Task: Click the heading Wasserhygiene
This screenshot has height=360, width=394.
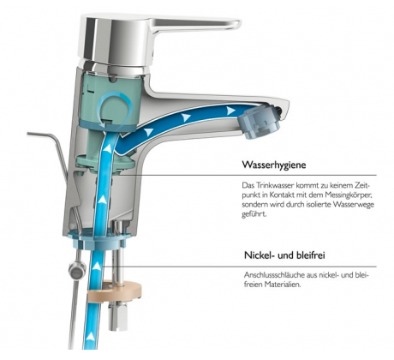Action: click(x=274, y=165)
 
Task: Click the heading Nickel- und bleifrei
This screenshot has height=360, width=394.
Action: click(x=284, y=255)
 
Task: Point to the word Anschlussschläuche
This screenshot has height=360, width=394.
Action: click(x=274, y=275)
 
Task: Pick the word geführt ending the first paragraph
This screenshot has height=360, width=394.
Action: click(x=254, y=214)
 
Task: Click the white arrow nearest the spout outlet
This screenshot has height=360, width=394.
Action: click(x=231, y=111)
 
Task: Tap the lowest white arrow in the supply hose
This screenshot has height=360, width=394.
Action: click(x=91, y=336)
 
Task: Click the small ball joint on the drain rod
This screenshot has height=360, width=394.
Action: click(x=77, y=270)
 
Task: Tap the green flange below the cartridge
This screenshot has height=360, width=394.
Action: click(x=106, y=164)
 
